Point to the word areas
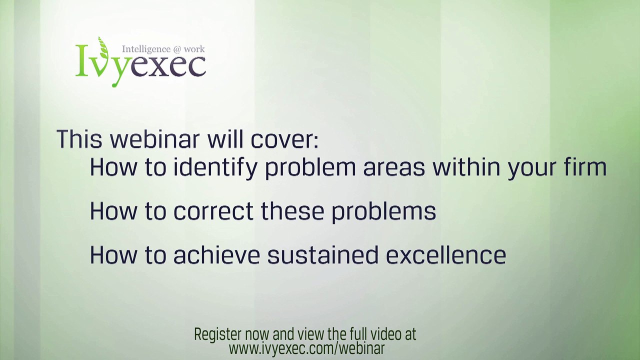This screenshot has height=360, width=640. [x=394, y=168]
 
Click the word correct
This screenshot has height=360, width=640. [x=213, y=211]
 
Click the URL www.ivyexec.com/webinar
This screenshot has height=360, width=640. [x=306, y=348]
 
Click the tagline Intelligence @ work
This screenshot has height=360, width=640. [x=163, y=49]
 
